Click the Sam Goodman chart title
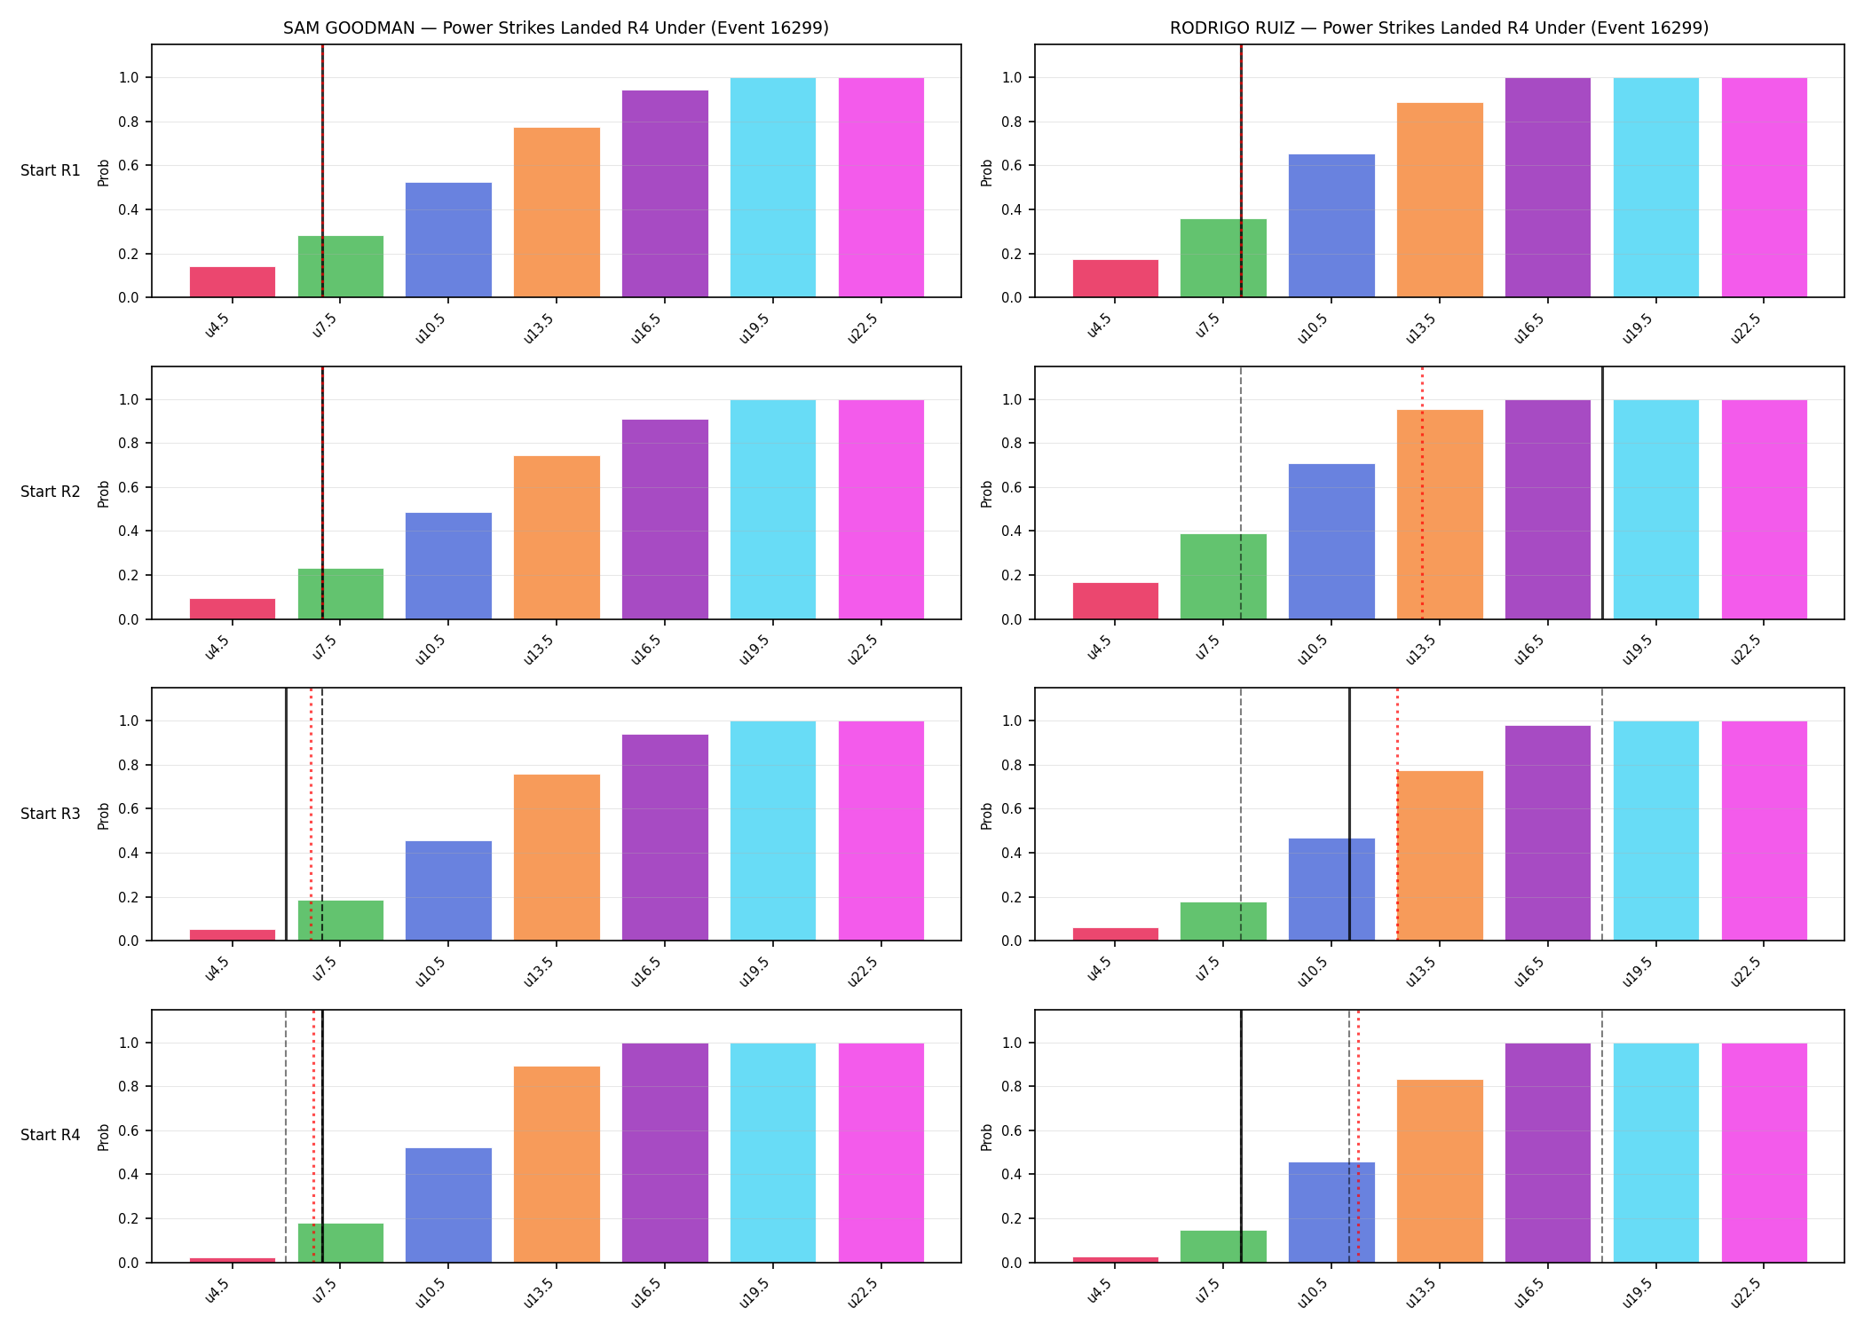click(x=556, y=28)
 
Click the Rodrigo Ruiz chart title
click(x=1439, y=28)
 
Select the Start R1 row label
click(x=51, y=170)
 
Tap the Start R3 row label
click(x=51, y=814)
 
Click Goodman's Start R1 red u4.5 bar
click(x=233, y=282)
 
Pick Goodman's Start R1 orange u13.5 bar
click(x=557, y=213)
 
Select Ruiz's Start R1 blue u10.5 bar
click(x=1331, y=226)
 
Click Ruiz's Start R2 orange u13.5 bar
click(x=1440, y=515)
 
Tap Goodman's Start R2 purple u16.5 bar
click(x=665, y=519)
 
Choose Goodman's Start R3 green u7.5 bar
click(x=341, y=921)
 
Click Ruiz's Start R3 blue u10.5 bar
click(x=1331, y=890)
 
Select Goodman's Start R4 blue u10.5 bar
click(x=448, y=1205)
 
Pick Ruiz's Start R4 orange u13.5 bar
click(x=1440, y=1171)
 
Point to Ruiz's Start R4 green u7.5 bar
click(x=1223, y=1247)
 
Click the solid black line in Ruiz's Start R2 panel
click(x=1602, y=492)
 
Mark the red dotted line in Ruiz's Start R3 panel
click(x=1397, y=815)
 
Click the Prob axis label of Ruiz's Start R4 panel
click(x=986, y=1137)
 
